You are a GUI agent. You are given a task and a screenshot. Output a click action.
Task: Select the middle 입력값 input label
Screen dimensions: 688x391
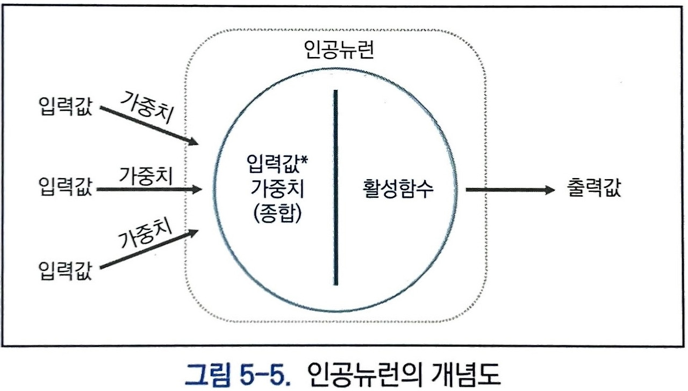pos(66,189)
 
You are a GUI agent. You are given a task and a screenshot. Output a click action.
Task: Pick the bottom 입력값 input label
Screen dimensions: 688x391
pos(66,270)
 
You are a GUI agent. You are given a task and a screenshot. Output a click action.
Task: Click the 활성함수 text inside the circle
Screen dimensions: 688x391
pos(397,190)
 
